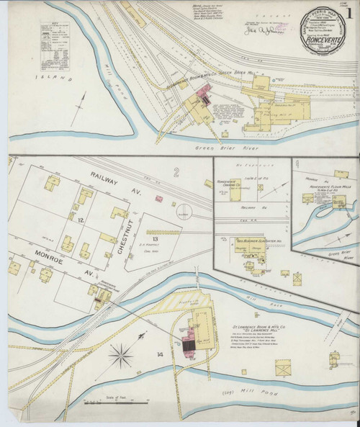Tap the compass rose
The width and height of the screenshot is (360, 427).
[x=121, y=354]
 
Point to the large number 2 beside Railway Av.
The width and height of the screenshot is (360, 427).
[x=175, y=171]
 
